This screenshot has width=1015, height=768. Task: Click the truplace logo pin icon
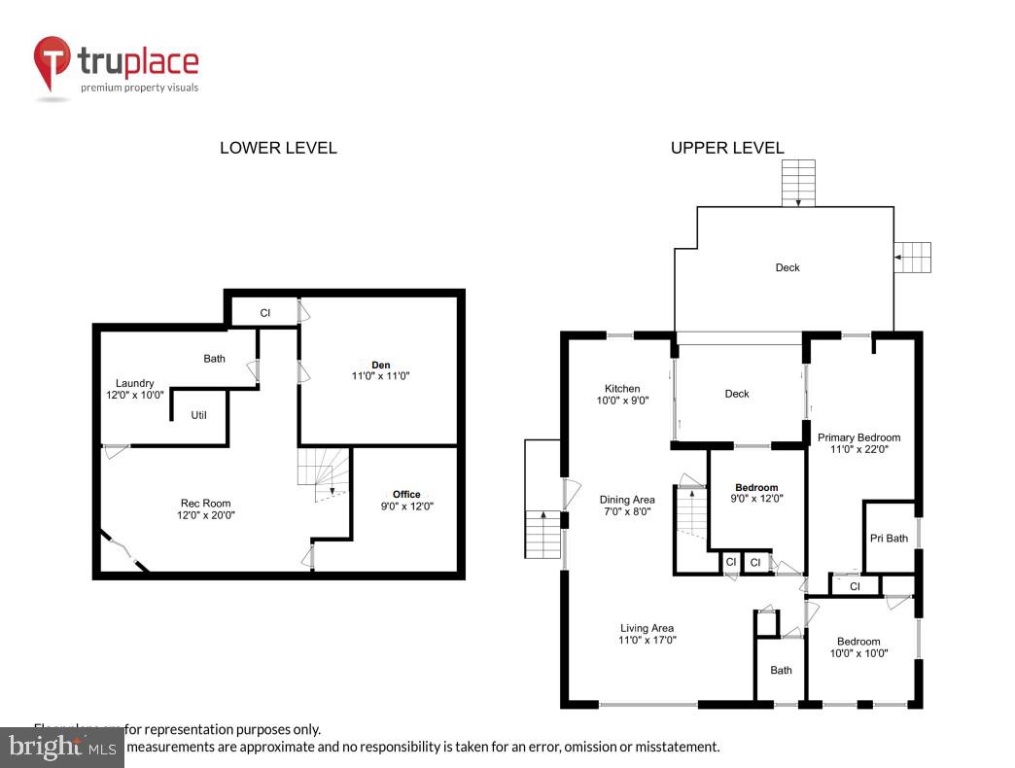coord(52,63)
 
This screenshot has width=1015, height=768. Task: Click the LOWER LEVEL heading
coord(278,148)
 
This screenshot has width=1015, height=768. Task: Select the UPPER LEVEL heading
coord(726,148)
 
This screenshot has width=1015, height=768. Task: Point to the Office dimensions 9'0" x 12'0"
coord(406,506)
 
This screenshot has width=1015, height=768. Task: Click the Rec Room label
coord(205,503)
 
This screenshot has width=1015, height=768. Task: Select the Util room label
coord(198,415)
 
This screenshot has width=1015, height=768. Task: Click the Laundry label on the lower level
coord(134,383)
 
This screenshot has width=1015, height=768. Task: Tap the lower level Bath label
coord(214,359)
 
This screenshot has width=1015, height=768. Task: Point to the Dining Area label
coord(627,500)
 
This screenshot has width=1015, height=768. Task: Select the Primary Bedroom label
coord(858,437)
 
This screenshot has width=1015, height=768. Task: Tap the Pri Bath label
coord(889,538)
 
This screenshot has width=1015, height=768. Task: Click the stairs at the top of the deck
coord(798,184)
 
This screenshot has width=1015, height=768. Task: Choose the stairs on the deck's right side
coord(913,258)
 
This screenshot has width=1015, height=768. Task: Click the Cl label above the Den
coord(264,312)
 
